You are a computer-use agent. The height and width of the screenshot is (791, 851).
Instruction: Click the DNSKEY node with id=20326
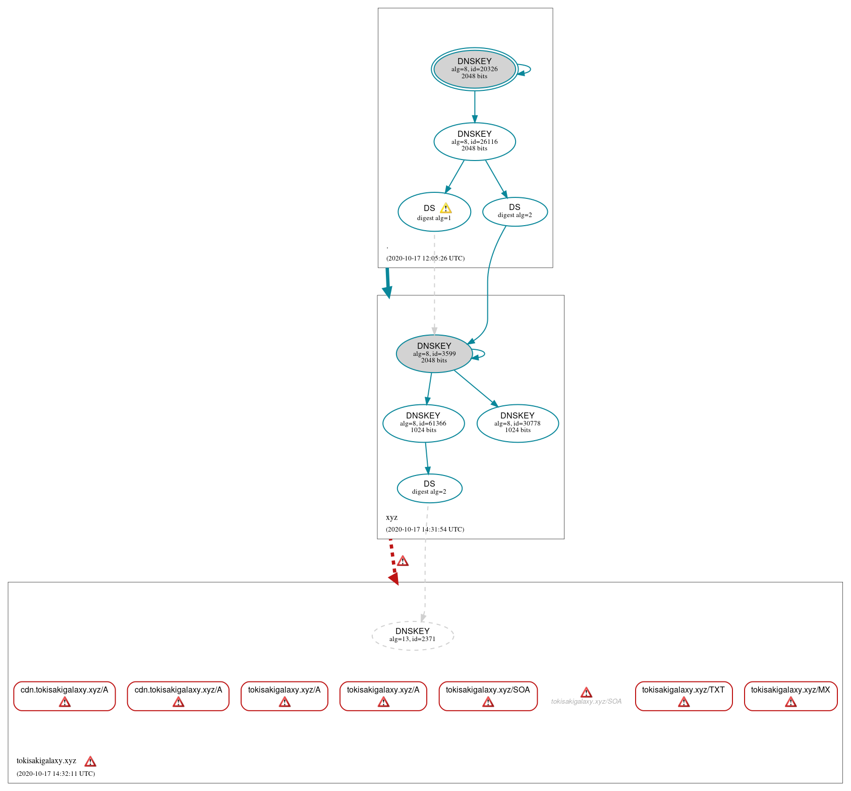click(474, 69)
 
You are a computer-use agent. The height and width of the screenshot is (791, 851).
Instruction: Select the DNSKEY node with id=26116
click(474, 141)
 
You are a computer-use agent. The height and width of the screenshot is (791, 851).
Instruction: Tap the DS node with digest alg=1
click(434, 212)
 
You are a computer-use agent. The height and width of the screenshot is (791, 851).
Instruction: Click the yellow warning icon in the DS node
click(445, 208)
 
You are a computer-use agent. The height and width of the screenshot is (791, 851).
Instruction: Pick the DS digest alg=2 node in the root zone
click(515, 212)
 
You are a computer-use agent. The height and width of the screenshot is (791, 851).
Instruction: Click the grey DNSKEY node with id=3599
click(434, 353)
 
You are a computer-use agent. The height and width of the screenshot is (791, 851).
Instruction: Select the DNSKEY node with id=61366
click(423, 423)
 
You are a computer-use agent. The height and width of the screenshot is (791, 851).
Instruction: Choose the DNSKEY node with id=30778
click(518, 423)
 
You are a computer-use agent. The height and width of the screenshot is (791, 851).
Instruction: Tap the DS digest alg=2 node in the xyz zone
click(429, 488)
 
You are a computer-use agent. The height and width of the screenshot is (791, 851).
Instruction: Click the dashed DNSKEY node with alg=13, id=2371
click(413, 636)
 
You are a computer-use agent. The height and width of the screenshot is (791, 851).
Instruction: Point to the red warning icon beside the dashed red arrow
click(403, 561)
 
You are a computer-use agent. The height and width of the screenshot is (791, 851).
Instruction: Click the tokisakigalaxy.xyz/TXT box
click(684, 696)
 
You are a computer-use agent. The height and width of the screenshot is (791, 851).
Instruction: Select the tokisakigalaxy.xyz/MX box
click(790, 696)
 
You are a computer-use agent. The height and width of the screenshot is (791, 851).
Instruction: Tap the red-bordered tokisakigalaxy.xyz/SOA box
click(488, 696)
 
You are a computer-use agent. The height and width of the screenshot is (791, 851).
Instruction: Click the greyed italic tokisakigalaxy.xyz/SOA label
click(586, 701)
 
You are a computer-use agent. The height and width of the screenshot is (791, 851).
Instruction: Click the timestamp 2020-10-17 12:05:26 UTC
click(425, 258)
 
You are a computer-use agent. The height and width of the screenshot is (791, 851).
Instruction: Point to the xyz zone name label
click(391, 517)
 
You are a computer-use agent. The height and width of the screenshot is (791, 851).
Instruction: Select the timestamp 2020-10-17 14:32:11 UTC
click(55, 773)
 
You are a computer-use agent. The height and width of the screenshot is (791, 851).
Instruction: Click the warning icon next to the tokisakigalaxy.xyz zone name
click(90, 761)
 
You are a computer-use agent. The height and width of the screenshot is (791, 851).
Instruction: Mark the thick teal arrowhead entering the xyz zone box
click(387, 292)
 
